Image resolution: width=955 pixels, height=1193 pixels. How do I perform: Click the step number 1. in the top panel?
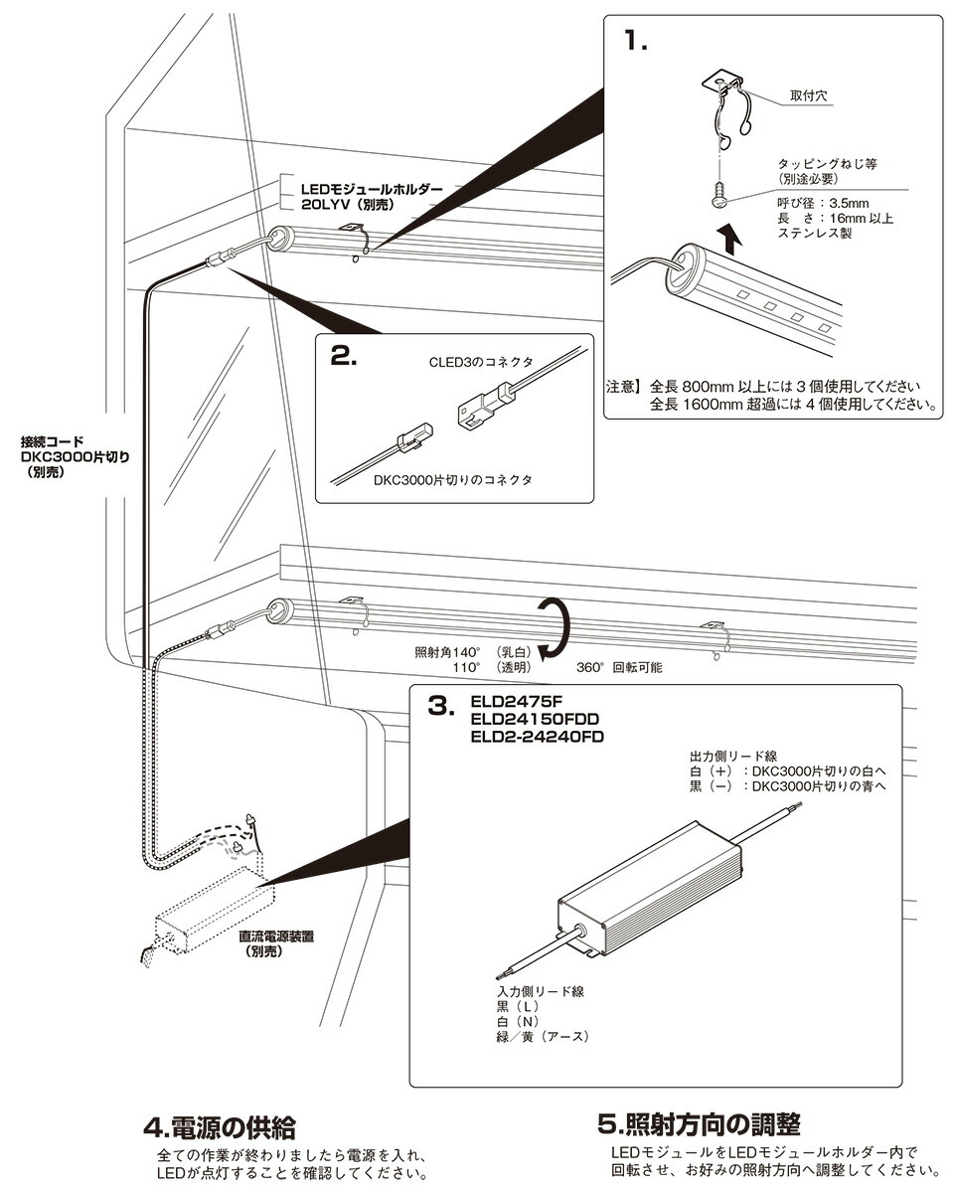(636, 43)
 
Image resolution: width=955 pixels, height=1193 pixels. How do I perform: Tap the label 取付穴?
(810, 98)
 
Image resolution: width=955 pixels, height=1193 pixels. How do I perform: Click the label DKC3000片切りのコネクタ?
(453, 480)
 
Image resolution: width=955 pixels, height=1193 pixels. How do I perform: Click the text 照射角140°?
(448, 652)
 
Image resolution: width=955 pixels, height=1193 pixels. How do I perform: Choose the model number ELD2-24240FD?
(537, 737)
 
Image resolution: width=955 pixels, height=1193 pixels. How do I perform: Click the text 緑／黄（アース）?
(544, 1037)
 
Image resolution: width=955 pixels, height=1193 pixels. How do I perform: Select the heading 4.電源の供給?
(220, 1127)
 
